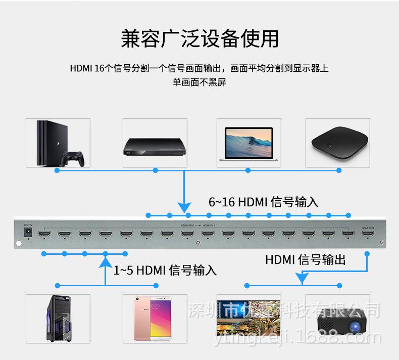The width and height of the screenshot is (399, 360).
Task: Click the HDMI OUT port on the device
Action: coord(367,235)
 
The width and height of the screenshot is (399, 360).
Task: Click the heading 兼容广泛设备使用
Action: coord(199,39)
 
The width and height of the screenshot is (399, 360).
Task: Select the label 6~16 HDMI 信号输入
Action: coord(264,202)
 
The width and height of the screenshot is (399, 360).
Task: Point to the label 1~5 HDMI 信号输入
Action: coord(165,271)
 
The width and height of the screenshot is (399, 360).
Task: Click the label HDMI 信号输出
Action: coord(306,260)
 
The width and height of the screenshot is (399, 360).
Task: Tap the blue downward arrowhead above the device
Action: coord(185,207)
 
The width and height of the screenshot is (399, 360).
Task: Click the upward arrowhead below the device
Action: coord(106,261)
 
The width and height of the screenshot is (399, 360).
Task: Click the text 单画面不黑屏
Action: coord(199,82)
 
